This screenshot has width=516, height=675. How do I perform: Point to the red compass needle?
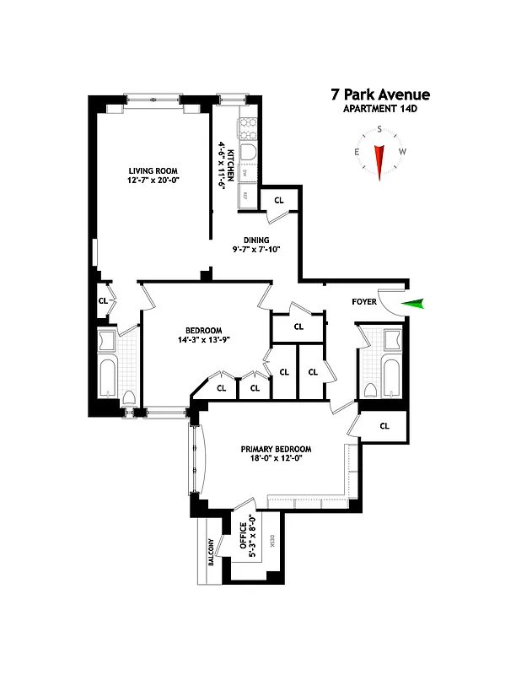(x=380, y=160)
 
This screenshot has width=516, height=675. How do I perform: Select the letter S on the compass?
(x=380, y=129)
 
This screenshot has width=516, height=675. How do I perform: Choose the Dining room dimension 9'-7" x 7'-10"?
(x=256, y=250)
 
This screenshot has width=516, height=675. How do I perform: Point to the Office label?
(x=242, y=537)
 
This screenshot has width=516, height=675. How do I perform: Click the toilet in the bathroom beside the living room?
(x=129, y=398)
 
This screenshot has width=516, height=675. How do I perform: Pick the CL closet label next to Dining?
(x=278, y=200)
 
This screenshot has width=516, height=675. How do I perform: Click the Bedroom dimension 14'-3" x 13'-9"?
(x=203, y=340)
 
